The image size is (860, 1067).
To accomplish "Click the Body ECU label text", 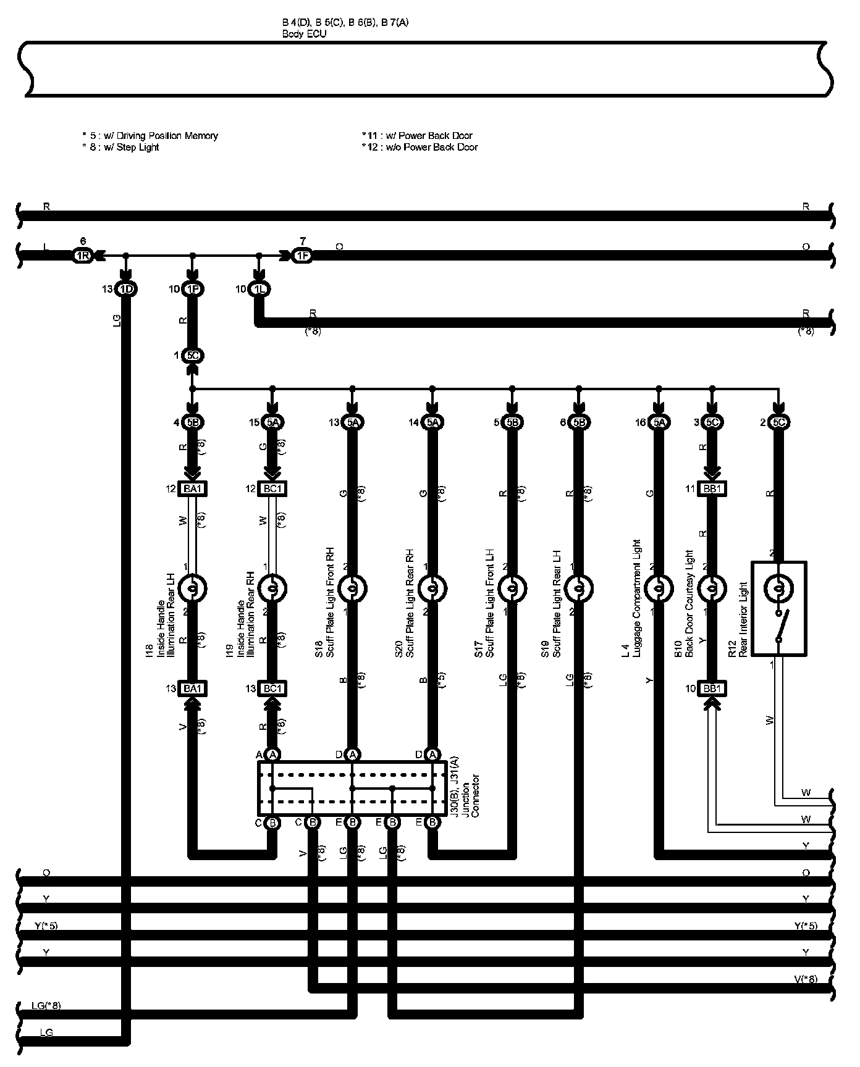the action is click(x=304, y=34).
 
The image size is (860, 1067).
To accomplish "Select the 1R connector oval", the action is click(x=82, y=256).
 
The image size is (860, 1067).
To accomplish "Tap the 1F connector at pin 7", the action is click(x=302, y=256).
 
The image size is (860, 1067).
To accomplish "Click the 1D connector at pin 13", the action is click(x=126, y=289).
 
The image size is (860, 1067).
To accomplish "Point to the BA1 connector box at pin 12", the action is click(x=192, y=489).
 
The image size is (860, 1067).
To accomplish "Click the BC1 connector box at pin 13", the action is click(x=272, y=688).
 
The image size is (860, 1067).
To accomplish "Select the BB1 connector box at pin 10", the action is click(x=712, y=688).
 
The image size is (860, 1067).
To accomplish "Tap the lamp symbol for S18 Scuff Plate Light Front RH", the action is click(x=352, y=589).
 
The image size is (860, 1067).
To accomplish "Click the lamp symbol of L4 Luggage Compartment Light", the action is click(x=659, y=589).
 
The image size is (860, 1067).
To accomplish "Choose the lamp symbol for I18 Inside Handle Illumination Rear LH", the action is click(x=192, y=589).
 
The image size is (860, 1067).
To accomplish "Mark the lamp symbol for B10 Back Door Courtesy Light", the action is click(x=712, y=589).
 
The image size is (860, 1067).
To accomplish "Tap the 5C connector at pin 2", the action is click(x=778, y=422).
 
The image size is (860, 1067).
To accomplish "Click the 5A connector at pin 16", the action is click(x=659, y=422).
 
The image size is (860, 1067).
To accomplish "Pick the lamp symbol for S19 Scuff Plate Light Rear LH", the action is click(x=578, y=589).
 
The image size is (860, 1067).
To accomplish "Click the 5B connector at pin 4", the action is click(x=192, y=422).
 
